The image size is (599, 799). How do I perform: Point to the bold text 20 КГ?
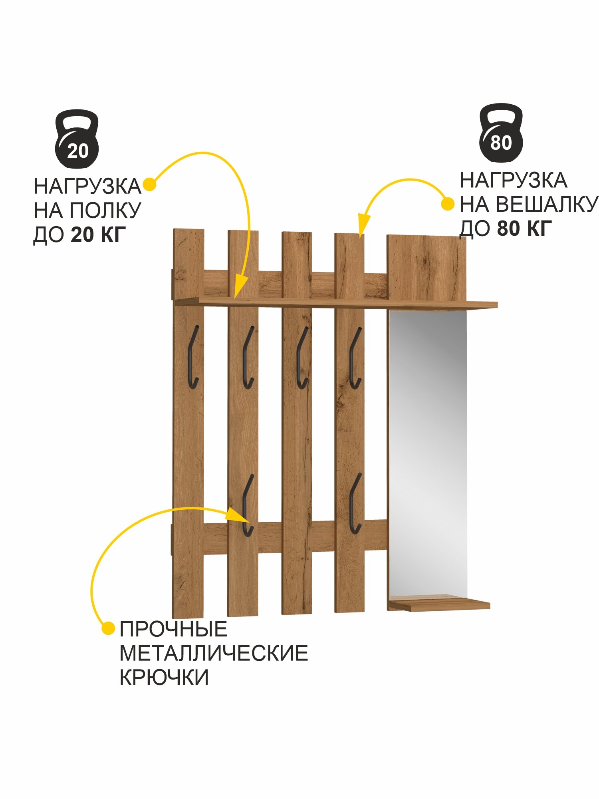point(98,235)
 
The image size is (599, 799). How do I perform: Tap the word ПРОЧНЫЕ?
point(173,629)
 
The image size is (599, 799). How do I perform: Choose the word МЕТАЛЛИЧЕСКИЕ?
point(214,653)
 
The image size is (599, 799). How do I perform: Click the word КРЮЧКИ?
point(164,677)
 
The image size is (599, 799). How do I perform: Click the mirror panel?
point(428,451)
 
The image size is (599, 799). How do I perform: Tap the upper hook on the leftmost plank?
point(193,357)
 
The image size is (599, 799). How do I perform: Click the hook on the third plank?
point(302,358)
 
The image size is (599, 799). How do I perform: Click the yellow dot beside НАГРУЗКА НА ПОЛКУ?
point(149,185)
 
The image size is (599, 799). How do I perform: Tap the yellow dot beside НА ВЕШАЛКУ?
point(447,204)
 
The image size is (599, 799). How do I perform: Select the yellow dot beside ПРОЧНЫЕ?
point(108,628)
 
